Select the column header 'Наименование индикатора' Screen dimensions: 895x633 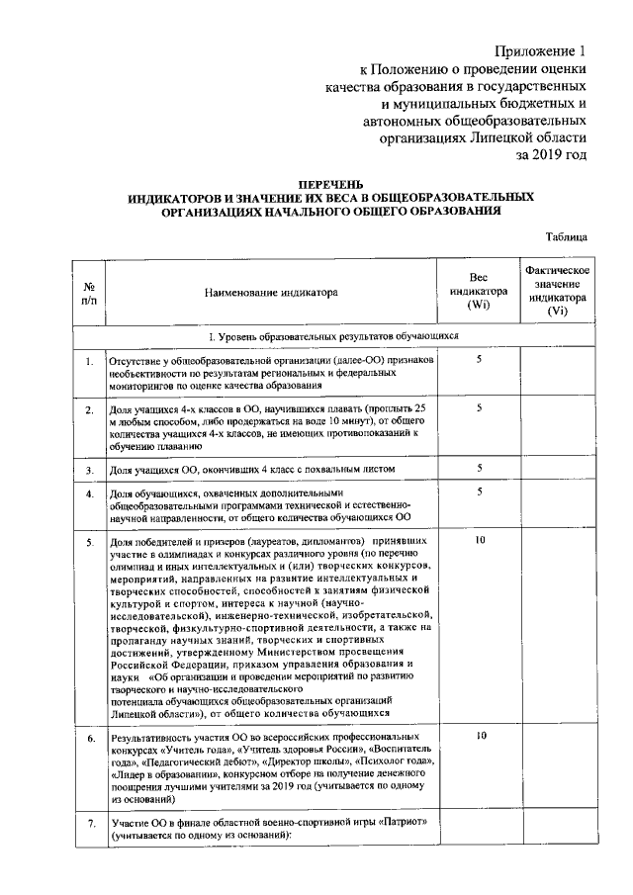[x=271, y=293]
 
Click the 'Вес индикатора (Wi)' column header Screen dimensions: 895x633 [x=479, y=292]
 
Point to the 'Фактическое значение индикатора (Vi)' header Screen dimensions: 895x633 [x=558, y=291]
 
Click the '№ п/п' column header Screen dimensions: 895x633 [x=88, y=293]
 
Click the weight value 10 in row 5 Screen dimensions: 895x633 [x=480, y=541]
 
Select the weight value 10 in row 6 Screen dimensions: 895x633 [x=480, y=737]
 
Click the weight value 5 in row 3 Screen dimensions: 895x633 [x=480, y=467]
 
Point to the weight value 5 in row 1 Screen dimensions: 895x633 [x=480, y=360]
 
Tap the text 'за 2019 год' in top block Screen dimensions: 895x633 [x=552, y=155]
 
